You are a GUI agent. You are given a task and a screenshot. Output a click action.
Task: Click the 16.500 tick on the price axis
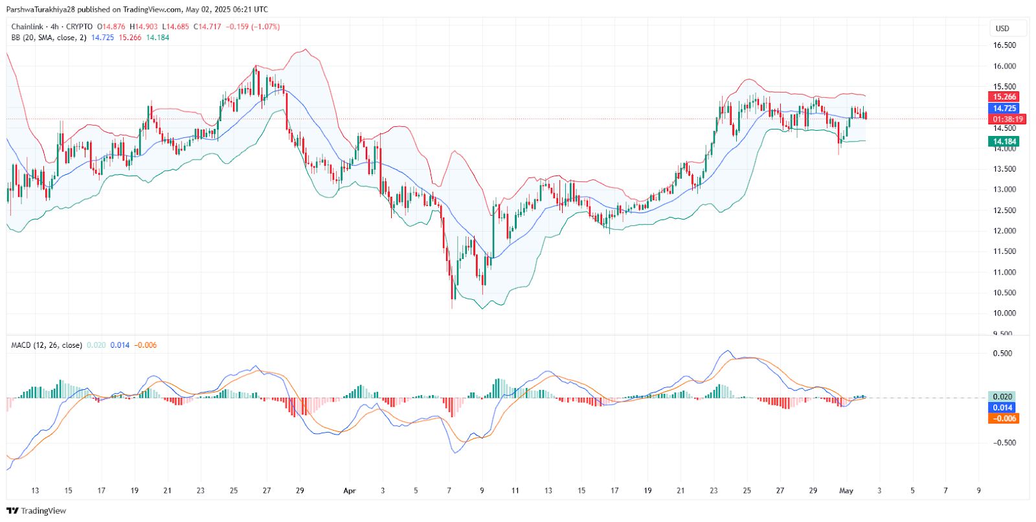[1004, 45]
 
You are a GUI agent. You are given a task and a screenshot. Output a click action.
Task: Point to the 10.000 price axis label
[1004, 313]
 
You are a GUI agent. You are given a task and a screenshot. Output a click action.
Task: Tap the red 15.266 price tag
[1004, 97]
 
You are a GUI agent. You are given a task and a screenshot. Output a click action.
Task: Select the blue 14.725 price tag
[1004, 108]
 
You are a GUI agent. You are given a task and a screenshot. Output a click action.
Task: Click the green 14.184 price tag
[1004, 141]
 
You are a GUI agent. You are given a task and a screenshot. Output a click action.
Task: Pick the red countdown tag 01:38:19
[1008, 119]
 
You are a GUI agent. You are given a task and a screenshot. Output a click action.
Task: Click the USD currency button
[1002, 28]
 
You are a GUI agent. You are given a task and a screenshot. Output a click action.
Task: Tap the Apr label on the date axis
[350, 491]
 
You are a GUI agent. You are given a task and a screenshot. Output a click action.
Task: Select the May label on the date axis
[846, 491]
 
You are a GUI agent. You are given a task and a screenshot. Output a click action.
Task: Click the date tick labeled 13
[35, 491]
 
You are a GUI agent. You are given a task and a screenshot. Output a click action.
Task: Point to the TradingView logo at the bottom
[36, 511]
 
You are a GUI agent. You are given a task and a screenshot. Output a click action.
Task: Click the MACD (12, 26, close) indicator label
[47, 345]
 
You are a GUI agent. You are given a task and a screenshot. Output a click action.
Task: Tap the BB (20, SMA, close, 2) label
[49, 38]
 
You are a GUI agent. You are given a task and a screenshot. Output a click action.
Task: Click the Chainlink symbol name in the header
[28, 27]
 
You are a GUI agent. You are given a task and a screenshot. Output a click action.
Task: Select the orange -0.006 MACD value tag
[1004, 418]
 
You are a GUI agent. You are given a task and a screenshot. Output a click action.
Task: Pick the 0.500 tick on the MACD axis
[1002, 354]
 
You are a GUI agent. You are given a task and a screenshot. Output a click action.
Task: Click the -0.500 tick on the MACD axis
[1001, 443]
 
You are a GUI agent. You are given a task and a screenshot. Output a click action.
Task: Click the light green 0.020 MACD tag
[1002, 397]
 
